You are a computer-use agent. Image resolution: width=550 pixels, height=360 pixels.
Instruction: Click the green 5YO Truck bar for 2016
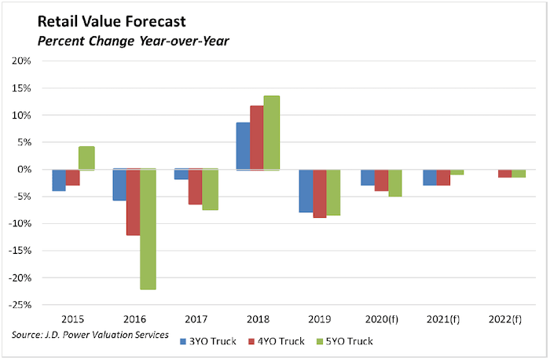coord(148,229)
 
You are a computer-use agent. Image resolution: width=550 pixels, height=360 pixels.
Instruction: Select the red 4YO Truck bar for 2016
coord(134,202)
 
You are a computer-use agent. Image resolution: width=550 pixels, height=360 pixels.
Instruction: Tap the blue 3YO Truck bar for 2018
coord(243,145)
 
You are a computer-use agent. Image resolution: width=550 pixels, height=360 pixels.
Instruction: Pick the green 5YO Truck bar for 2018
coord(271,132)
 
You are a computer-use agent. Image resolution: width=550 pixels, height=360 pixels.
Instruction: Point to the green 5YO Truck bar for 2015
coord(86,158)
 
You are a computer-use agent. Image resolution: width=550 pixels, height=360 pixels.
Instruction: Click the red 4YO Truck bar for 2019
coord(320,193)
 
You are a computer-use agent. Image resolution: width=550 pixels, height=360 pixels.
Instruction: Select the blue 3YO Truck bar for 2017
coord(181,174)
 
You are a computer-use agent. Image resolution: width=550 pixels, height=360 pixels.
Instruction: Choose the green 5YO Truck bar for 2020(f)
coord(394,182)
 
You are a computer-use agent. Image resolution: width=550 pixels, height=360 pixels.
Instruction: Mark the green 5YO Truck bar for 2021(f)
coord(456,171)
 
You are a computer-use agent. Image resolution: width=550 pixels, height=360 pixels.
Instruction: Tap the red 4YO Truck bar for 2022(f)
coord(504,173)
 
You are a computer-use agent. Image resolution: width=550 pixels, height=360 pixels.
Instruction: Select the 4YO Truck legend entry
coord(276,341)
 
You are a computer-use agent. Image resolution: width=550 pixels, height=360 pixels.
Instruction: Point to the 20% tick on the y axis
coord(21,61)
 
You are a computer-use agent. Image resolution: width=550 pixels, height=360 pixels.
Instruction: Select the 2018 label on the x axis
coord(257,319)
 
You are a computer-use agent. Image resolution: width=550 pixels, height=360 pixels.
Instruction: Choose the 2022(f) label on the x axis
coord(504,319)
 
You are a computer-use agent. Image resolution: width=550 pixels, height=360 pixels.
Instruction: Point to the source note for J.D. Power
coord(90,336)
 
